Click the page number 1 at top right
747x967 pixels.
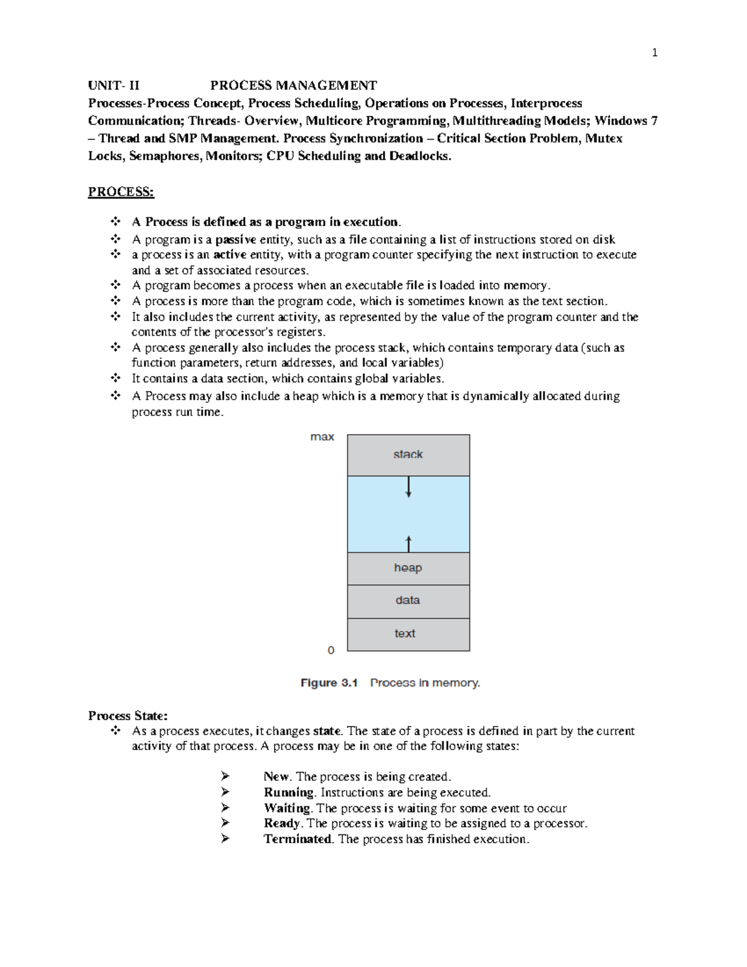click(x=654, y=53)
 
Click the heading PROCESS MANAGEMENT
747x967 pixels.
click(x=293, y=85)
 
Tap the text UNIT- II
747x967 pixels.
click(x=114, y=85)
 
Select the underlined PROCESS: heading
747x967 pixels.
click(x=121, y=192)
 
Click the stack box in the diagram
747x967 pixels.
click(x=408, y=455)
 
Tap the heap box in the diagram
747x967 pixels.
click(x=408, y=568)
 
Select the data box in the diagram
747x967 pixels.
click(x=408, y=601)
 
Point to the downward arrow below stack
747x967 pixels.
click(x=408, y=487)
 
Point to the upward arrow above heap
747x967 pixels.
click(x=408, y=543)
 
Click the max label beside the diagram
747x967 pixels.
click(x=322, y=437)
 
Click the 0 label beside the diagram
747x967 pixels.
click(x=331, y=650)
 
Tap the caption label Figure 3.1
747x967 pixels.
click(x=329, y=683)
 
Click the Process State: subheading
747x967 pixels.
click(x=128, y=716)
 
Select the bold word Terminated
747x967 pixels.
click(x=298, y=839)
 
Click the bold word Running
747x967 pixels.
click(x=289, y=793)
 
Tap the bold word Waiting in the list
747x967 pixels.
click(x=287, y=808)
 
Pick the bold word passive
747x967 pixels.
click(x=236, y=240)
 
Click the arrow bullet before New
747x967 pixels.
click(x=225, y=776)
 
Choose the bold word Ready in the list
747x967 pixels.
click(x=282, y=823)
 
